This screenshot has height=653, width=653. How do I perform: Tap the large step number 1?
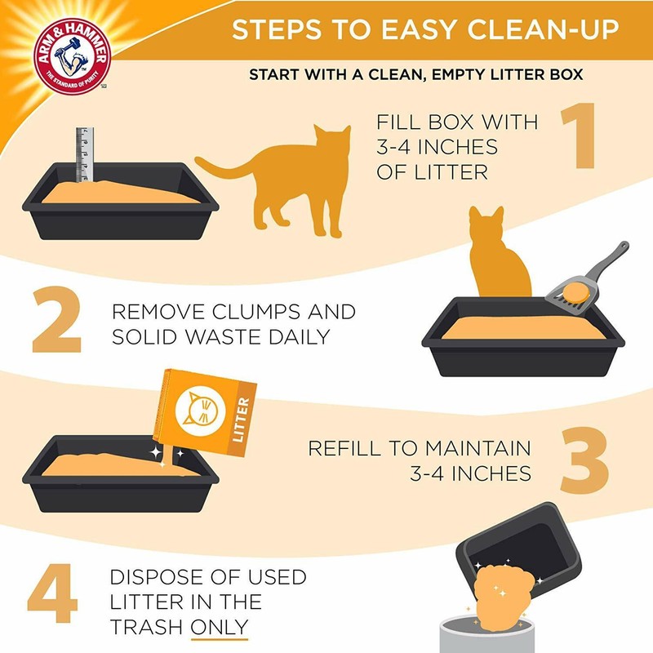point(583,140)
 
